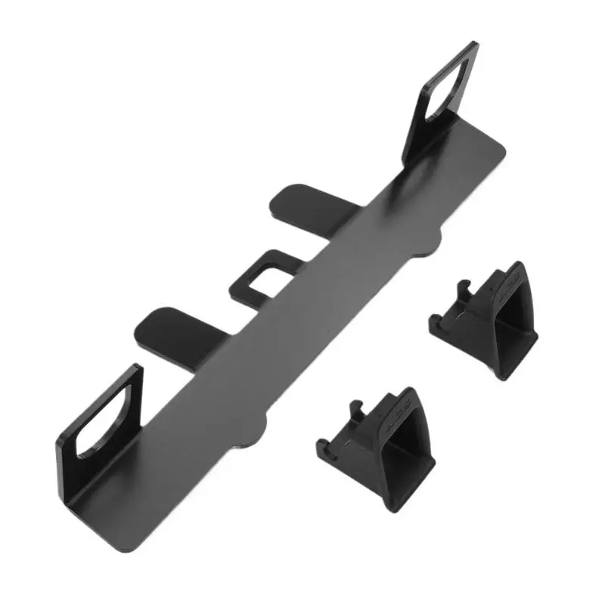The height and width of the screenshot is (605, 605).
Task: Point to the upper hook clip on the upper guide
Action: point(463,291)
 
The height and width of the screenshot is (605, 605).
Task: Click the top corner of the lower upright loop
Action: point(138,368)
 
